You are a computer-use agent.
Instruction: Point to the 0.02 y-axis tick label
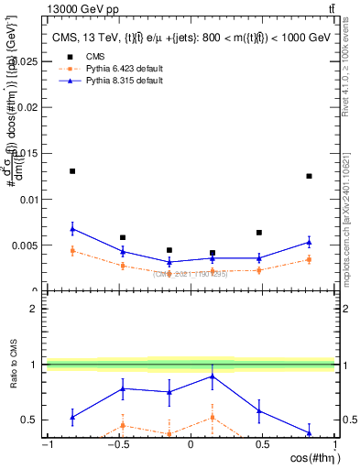[x=28, y=107]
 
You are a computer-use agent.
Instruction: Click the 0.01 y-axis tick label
[x=28, y=199]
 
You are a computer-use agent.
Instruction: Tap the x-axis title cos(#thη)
[x=310, y=457]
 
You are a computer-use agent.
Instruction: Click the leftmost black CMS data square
[x=72, y=171]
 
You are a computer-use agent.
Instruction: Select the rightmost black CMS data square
[x=310, y=176]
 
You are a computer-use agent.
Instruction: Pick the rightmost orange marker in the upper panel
[x=310, y=259]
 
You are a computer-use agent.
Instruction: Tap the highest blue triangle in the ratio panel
[x=213, y=376]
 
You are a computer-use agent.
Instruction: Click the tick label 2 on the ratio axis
[x=35, y=309]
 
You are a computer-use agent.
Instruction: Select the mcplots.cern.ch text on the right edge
[x=350, y=238]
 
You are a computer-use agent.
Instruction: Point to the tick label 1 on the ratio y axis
[x=35, y=365]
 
